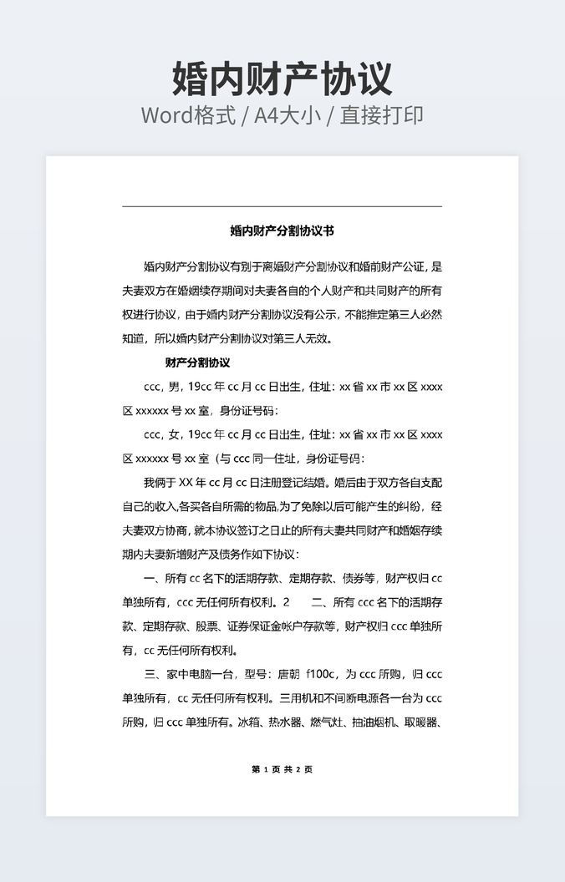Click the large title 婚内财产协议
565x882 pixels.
click(282, 79)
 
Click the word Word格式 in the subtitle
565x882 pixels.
click(187, 115)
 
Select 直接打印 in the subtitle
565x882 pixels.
click(380, 115)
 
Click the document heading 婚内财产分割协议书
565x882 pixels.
click(282, 230)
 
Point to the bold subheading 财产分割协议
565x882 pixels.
click(197, 362)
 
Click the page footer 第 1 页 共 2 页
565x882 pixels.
click(282, 769)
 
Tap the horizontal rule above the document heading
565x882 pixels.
click(282, 206)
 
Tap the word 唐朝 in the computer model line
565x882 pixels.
click(288, 674)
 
